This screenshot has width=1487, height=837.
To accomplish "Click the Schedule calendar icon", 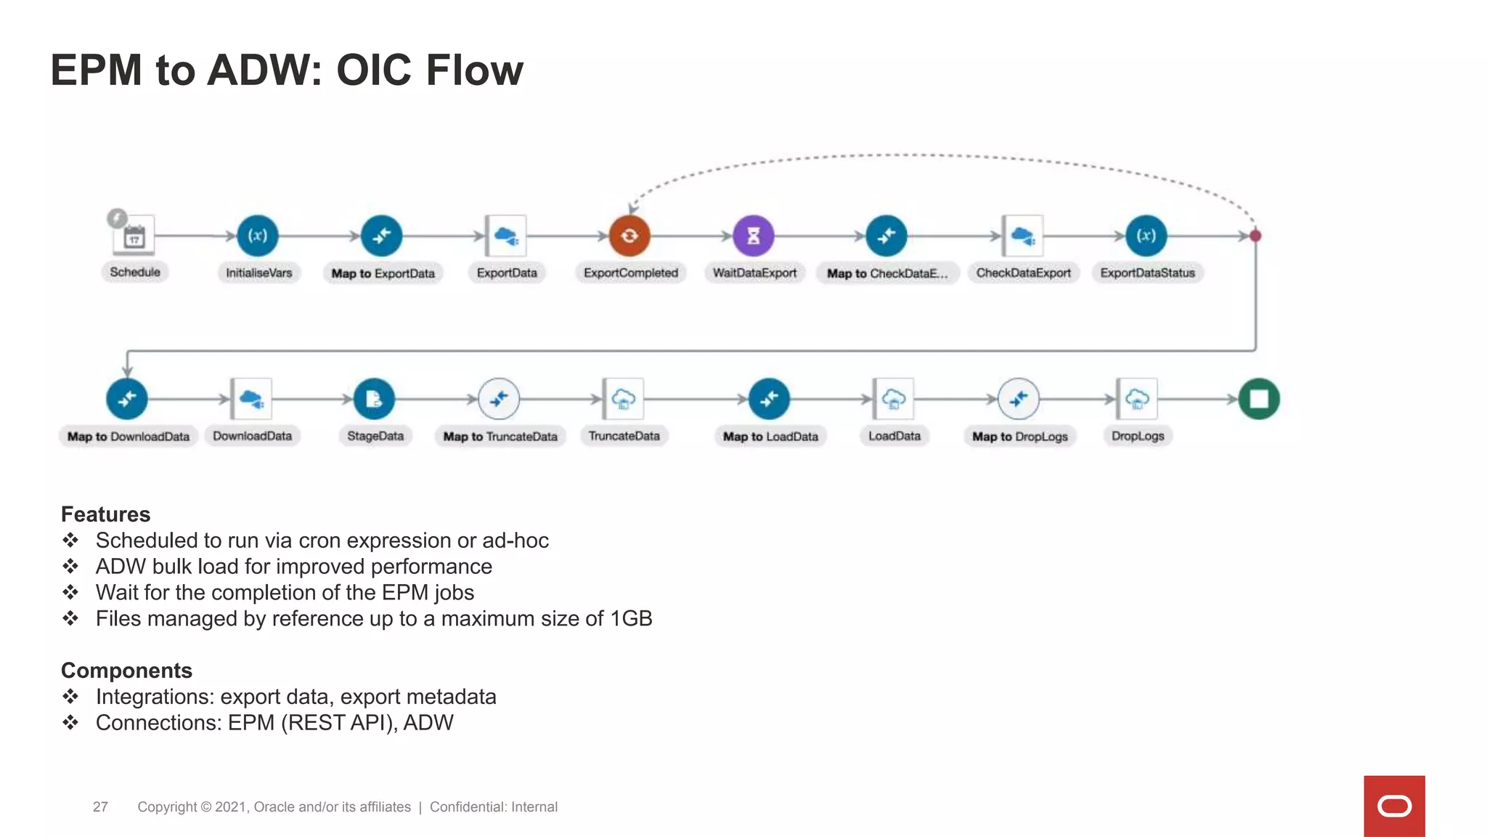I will point(134,236).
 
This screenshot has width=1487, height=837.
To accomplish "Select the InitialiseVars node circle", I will point(258,236).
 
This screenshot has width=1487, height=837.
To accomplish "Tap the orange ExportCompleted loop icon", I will point(630,236).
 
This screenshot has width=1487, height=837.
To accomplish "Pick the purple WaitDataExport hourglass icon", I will point(754,236).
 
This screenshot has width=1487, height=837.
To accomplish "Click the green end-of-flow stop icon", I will point(1259,399).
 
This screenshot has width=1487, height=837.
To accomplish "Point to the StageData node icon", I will point(374,399).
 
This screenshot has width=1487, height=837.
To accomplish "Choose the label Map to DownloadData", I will point(129,437).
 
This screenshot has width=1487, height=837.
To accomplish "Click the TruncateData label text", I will point(624,436).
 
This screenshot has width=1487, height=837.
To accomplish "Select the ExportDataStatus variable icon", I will point(1146,236).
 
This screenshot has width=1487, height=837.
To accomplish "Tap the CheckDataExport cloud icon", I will point(1023,236).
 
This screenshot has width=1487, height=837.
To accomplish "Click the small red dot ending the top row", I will point(1255,236).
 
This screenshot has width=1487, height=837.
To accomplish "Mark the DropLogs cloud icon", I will point(1137,399).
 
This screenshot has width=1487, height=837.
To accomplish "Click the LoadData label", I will point(895,436).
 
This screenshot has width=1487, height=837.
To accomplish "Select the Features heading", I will point(105,514).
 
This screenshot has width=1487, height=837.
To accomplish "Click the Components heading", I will point(126,671).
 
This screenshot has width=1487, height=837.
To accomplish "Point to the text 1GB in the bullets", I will point(631,619).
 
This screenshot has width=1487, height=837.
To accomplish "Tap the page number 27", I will point(100,807).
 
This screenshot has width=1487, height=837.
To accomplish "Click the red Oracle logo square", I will point(1394,806).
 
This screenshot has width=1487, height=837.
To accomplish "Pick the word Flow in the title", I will point(473,70).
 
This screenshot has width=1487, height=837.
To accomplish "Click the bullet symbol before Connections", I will point(70,723).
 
